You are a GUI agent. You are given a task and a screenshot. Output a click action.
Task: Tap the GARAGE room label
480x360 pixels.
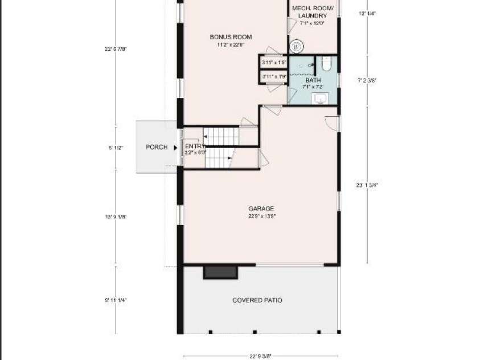click(261, 208)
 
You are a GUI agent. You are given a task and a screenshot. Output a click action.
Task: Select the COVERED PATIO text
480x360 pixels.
click(257, 300)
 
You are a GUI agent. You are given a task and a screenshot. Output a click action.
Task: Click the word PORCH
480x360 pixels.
click(157, 147)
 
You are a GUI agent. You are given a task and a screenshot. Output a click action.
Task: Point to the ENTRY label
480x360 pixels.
click(194, 146)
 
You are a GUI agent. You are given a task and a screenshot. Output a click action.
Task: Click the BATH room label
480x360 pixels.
click(313, 80)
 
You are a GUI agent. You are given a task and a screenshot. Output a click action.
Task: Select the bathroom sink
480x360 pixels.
click(321, 99)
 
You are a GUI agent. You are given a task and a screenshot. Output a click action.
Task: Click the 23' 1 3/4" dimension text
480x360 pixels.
click(367, 185)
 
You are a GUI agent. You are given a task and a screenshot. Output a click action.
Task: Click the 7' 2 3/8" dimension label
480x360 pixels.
click(367, 80)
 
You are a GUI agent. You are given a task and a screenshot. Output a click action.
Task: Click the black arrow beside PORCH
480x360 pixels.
click(175, 147)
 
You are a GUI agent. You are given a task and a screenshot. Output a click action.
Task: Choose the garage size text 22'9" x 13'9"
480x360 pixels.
click(261, 216)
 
